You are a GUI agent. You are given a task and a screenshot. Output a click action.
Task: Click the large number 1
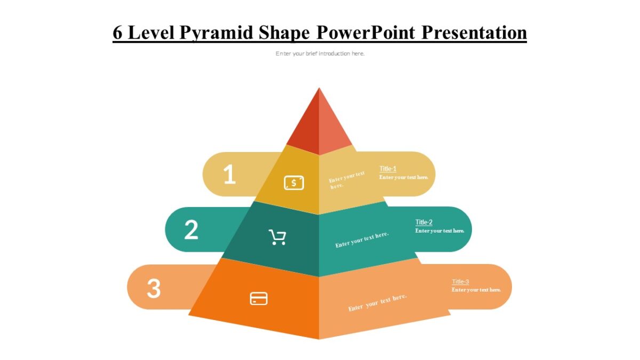[x=229, y=174]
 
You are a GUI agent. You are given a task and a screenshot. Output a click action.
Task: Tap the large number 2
[x=191, y=230]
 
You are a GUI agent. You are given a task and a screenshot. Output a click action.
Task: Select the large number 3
[x=154, y=289]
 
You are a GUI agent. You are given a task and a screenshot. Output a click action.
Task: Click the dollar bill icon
[x=294, y=183]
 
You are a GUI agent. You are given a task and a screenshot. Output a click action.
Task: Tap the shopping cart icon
[x=277, y=237]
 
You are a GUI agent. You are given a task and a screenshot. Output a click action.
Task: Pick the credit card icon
[x=259, y=299]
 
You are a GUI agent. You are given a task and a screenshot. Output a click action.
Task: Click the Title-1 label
[x=388, y=169]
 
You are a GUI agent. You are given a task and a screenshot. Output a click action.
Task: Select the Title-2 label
[x=424, y=222]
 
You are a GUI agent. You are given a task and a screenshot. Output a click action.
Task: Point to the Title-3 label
[x=460, y=282]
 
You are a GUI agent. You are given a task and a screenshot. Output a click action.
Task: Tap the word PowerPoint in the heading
[x=366, y=33]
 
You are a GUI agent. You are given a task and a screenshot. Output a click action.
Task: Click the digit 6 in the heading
[x=118, y=33]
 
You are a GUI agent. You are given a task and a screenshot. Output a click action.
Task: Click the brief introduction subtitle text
[x=320, y=53]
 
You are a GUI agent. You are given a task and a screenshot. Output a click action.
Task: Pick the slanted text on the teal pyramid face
[x=362, y=240]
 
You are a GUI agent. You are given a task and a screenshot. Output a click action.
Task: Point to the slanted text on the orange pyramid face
[x=377, y=302]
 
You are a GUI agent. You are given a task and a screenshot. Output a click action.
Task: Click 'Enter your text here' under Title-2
[x=440, y=231]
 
